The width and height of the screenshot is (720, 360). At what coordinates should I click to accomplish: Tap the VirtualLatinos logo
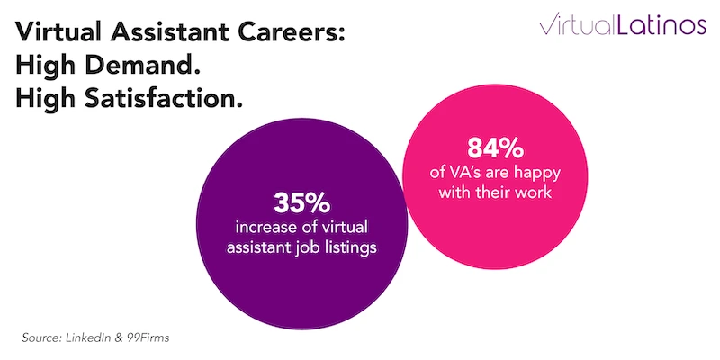click(x=623, y=25)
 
